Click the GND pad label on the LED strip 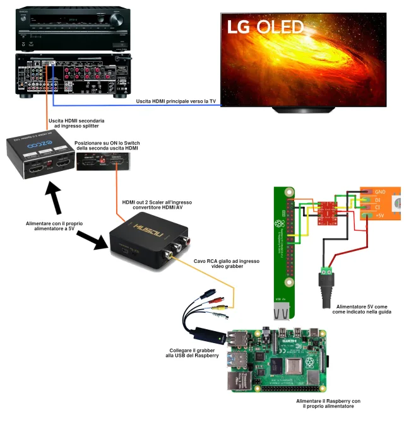[380, 191]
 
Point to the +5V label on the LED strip [380, 216]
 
